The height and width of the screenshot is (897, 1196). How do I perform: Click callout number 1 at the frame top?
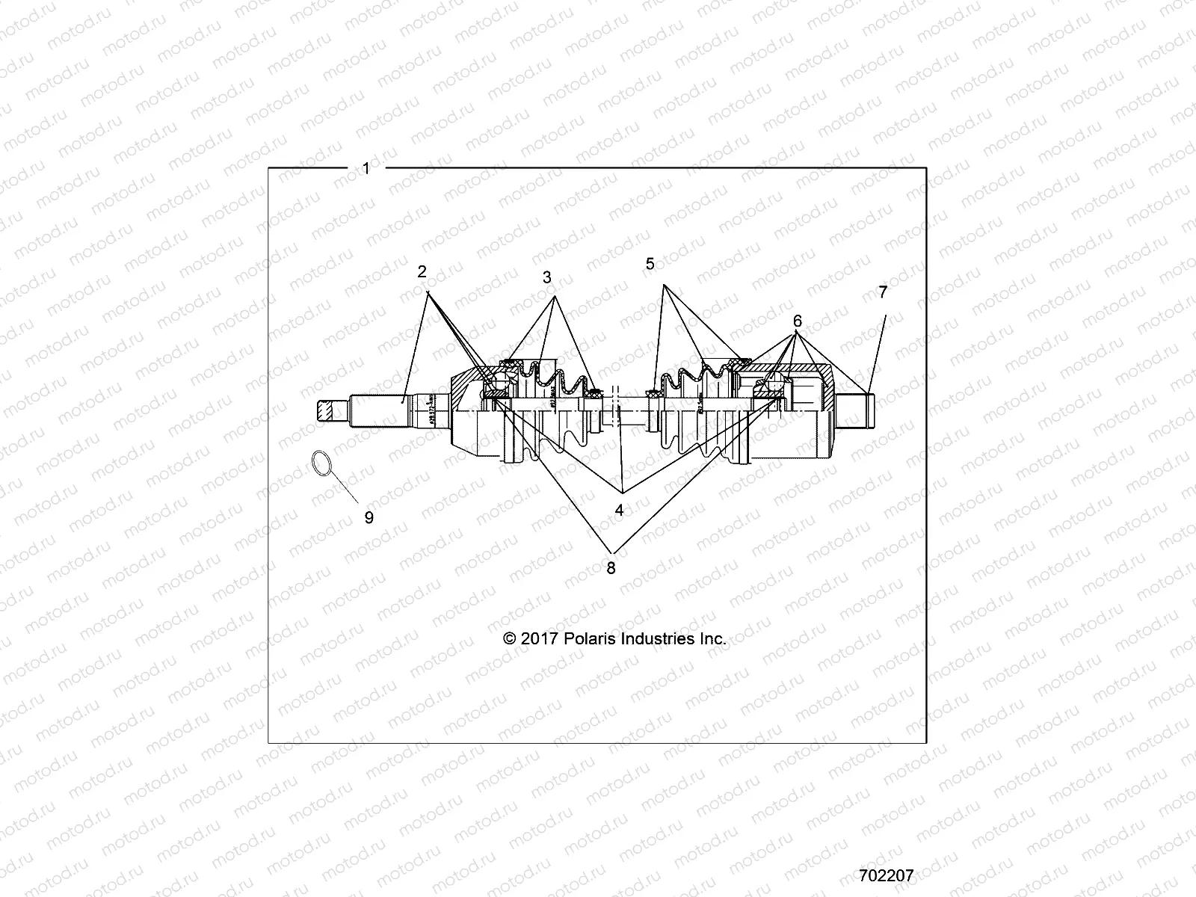pos(366,169)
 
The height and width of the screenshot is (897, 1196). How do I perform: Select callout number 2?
pos(422,271)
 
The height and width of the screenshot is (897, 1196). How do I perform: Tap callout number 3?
pos(547,277)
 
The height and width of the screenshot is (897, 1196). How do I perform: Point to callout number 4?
pos(619,511)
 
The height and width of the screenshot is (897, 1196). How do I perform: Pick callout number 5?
pos(650,264)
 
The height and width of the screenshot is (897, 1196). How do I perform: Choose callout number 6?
pos(798,321)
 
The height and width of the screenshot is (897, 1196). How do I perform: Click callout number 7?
pos(883,292)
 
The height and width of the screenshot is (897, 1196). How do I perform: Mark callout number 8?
pos(611,568)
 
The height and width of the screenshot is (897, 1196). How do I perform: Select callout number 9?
pos(369,517)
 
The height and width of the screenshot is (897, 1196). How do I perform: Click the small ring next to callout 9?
pos(320,463)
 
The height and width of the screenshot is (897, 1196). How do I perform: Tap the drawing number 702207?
pos(886,875)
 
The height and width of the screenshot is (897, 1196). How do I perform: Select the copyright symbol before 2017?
pos(511,639)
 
